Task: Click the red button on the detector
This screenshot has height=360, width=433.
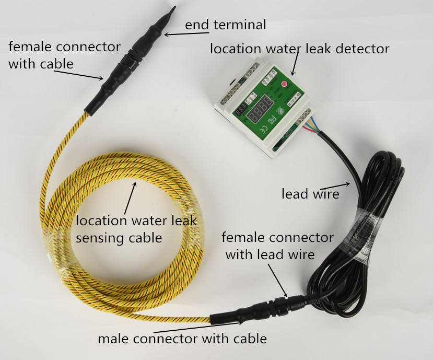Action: click(285, 84)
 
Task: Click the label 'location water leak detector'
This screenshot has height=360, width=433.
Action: click(299, 49)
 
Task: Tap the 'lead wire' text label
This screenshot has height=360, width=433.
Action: click(310, 194)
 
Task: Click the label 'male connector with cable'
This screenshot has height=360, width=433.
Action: click(182, 339)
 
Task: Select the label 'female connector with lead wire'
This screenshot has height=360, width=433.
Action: click(277, 246)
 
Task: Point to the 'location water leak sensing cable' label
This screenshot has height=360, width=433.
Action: click(136, 229)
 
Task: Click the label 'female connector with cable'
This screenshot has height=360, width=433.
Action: click(64, 55)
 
